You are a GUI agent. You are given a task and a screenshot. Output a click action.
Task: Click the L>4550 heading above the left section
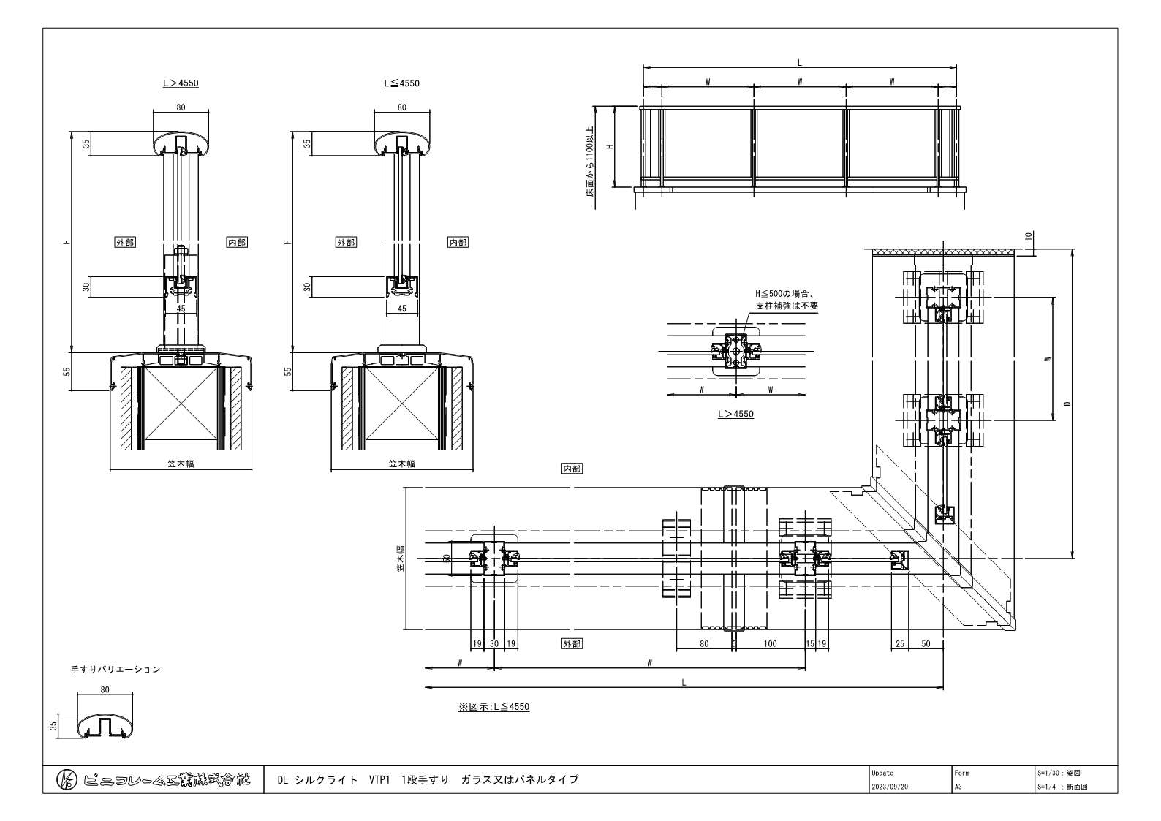click(x=181, y=83)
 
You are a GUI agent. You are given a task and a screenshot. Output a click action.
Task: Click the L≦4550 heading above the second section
click(x=401, y=83)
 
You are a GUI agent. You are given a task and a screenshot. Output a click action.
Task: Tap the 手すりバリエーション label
click(x=115, y=669)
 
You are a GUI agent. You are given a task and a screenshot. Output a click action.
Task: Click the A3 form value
click(x=958, y=787)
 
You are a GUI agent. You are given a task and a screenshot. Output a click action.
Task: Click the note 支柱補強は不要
click(x=788, y=306)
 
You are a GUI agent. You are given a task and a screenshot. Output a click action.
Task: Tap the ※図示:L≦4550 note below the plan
click(x=493, y=707)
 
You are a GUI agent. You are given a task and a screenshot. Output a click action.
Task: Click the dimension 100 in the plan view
click(x=770, y=644)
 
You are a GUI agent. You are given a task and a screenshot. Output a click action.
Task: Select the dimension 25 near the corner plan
click(x=899, y=644)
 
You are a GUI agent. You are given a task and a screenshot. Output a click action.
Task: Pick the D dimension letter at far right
click(x=1067, y=404)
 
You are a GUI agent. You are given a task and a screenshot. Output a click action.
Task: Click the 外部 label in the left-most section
click(x=125, y=242)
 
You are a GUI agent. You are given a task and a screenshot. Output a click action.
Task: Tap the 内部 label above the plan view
click(x=572, y=469)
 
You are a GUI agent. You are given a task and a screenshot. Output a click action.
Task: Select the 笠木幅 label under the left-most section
click(x=181, y=464)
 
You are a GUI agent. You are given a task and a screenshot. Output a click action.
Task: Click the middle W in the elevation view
click(x=800, y=82)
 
